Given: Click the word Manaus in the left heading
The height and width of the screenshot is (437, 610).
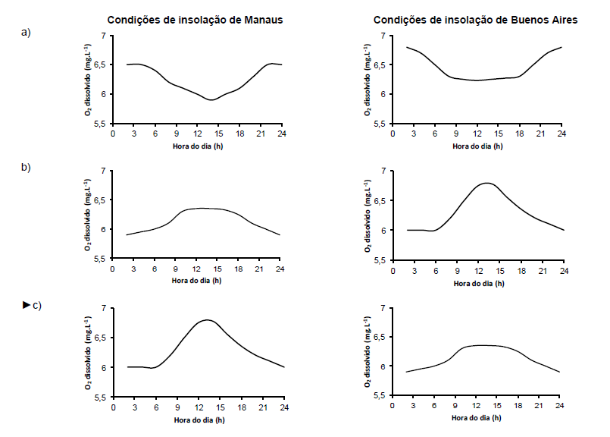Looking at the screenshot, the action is point(264,20).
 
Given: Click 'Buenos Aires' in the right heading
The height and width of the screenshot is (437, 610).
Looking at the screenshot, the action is point(545,20).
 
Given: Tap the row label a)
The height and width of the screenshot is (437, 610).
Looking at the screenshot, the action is point(26,33).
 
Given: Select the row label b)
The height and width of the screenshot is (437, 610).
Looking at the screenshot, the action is point(26,167).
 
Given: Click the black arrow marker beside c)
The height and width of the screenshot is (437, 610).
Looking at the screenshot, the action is point(26,304).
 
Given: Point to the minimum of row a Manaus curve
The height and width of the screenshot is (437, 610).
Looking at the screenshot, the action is point(211,100).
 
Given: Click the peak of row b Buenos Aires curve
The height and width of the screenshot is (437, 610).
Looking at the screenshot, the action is point(486,183).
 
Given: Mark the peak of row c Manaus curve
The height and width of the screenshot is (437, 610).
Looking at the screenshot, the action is point(207,319).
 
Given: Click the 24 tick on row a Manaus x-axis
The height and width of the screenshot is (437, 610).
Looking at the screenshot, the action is point(282,134).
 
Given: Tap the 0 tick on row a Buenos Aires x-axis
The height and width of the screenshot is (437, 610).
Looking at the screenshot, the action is point(393,134).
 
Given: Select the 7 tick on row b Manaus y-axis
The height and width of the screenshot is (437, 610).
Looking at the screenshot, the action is point(103,171).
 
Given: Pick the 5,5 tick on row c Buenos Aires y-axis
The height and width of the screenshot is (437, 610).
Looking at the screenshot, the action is point(379,396).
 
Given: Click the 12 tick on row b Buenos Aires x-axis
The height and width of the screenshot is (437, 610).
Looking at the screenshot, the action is point(478,271).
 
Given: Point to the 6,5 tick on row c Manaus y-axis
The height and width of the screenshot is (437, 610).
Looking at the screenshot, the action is point(100,338).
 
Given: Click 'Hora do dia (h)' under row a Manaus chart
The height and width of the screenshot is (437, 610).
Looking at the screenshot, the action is point(198,146).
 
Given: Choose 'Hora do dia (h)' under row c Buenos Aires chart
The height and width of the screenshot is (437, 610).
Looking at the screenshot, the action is point(476,418).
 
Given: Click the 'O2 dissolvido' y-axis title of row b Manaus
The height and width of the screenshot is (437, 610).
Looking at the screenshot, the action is point(88,215).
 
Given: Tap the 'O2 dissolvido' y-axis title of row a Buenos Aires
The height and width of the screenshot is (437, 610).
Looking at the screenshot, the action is point(368,80).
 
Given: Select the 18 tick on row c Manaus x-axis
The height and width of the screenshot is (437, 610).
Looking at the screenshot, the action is point(242,407).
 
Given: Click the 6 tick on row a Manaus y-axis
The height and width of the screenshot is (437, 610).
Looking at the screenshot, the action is point(103,94).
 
